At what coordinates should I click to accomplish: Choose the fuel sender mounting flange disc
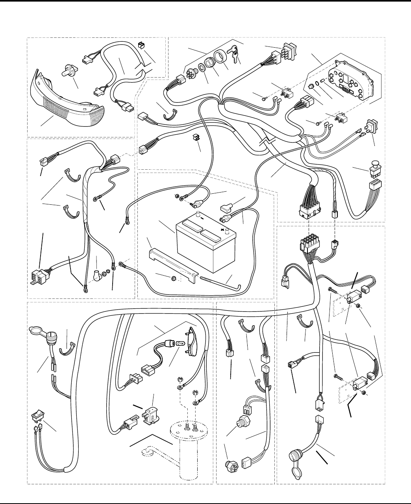(x=188, y=431)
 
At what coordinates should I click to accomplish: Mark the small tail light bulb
(x=179, y=343)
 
